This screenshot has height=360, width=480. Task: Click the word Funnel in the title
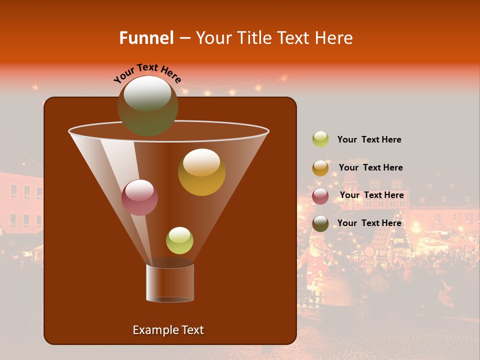146,38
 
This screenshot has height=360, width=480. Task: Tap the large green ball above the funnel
147,106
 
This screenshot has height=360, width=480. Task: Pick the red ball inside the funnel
139,198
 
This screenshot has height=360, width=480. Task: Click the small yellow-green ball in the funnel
179,240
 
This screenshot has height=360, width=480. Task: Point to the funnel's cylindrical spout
169,282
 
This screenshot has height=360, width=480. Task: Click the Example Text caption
168,330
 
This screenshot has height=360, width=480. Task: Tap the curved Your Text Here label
147,73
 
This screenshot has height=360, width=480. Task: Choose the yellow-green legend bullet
320,139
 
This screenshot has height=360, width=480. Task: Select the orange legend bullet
320,168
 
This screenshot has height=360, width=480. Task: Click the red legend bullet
320,195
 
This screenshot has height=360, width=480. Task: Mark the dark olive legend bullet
320,223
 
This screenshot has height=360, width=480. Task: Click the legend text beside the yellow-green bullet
369,139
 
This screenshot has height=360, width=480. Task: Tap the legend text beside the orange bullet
370,167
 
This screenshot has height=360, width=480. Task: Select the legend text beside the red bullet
371,195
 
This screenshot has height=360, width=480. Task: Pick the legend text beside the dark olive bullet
369,222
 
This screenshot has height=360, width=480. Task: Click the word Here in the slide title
334,38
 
